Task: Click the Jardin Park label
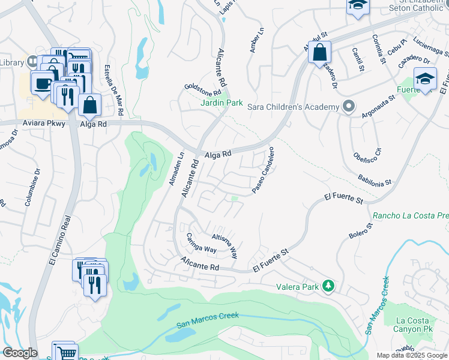[221, 103]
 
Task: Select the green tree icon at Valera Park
[328, 286]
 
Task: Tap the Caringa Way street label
[201, 242]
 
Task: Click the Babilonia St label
[374, 179]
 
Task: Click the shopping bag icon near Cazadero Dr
[319, 52]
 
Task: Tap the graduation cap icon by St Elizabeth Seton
[357, 5]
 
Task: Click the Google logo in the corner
[20, 353]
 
